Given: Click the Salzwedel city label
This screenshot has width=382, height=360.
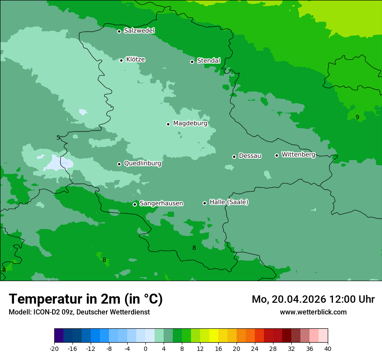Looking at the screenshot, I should [x=139, y=31].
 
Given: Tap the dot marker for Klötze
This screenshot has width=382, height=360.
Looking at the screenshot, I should [x=121, y=60].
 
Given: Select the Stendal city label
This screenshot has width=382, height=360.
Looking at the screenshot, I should [x=208, y=61].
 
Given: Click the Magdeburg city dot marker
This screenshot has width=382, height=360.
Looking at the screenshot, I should [x=168, y=124].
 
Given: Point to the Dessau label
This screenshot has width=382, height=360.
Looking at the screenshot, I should [x=250, y=156].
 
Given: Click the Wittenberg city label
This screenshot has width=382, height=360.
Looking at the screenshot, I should [x=298, y=154].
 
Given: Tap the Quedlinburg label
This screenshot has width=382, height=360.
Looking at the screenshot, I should [x=142, y=164].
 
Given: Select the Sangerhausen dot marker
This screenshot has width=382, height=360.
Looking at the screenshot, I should [x=135, y=204].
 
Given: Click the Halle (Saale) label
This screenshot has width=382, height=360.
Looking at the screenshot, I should [x=229, y=202].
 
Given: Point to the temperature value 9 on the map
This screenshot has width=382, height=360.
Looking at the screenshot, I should [x=357, y=117].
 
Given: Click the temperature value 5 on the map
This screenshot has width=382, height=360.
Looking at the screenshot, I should [x=58, y=138].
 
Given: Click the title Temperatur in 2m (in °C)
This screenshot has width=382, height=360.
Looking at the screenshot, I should [x=86, y=299].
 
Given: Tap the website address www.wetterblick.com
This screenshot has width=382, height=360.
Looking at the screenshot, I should [x=313, y=312].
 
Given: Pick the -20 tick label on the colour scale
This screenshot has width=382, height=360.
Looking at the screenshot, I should [x=54, y=349].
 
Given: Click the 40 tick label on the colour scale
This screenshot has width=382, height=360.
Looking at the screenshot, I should [x=327, y=349].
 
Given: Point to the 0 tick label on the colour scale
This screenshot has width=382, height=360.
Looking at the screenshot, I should [x=145, y=349].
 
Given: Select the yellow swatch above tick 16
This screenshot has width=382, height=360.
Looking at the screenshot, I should [x=214, y=336].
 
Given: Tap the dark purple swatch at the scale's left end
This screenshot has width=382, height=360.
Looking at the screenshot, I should [x=59, y=336].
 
